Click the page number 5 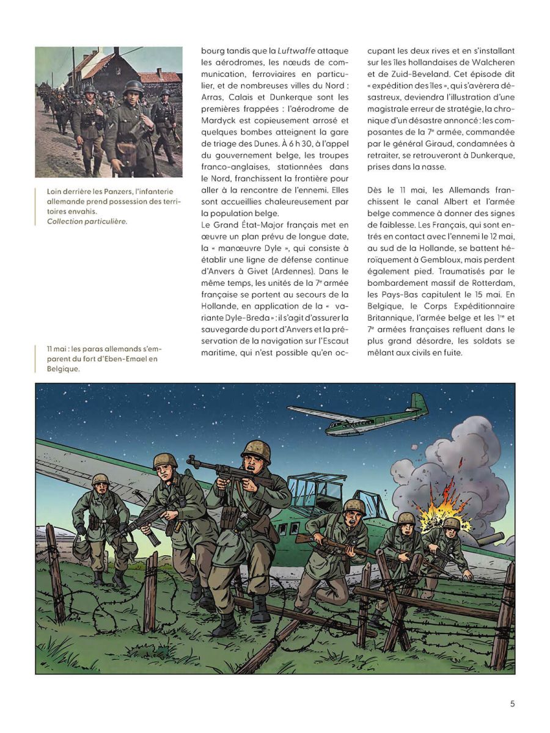click(x=512, y=703)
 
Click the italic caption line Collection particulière click(x=87, y=221)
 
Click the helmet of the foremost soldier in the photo click(x=133, y=87)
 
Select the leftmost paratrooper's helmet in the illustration click(x=101, y=480)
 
